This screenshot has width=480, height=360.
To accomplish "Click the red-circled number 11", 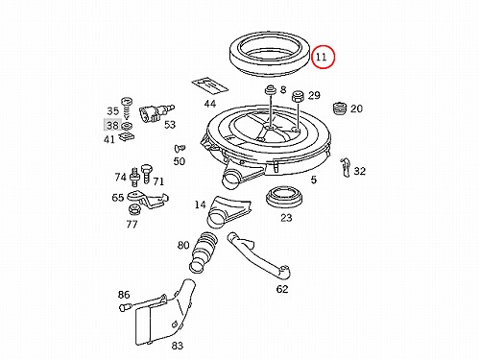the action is point(321,57).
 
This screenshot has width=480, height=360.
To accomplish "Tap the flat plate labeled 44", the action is point(210,84).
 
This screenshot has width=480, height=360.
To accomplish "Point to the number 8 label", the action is point(283,89).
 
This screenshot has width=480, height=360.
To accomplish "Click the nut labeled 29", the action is point(298,96).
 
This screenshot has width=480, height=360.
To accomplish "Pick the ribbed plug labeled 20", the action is point(340,108).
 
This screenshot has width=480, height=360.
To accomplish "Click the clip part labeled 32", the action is point(345,167).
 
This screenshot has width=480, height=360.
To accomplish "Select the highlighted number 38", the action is point(112,125).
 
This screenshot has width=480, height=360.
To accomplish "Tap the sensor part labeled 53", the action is point(156,113).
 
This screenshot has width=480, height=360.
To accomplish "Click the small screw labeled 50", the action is point(180,148).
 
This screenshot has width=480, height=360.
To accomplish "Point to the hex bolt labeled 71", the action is point(146,174).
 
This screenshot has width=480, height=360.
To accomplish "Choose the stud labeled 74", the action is point(135,177).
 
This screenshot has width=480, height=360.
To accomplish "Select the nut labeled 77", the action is point(133,209).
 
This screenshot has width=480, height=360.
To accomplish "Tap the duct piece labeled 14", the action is point(228,211).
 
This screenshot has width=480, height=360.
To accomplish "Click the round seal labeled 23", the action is point(284,197).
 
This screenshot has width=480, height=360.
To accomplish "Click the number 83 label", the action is point(177,346).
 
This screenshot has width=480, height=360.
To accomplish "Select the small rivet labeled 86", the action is point(124,308).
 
